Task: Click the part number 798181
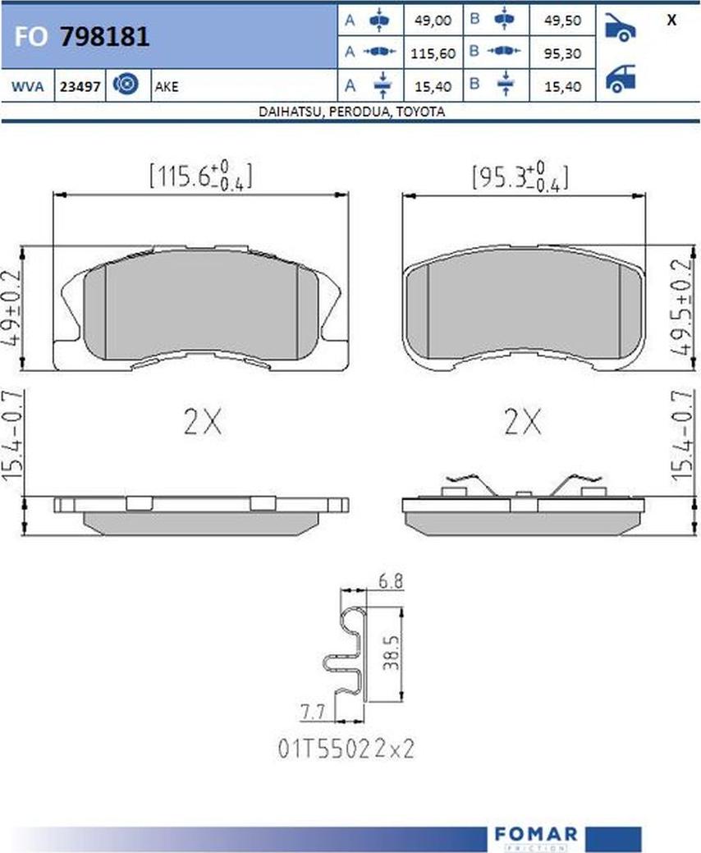104,37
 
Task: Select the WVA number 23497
80,86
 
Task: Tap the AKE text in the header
167,86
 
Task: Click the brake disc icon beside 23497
126,85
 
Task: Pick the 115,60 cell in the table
433,53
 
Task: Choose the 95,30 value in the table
562,53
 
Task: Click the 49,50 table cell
562,21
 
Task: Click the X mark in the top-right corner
671,21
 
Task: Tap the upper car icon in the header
620,27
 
